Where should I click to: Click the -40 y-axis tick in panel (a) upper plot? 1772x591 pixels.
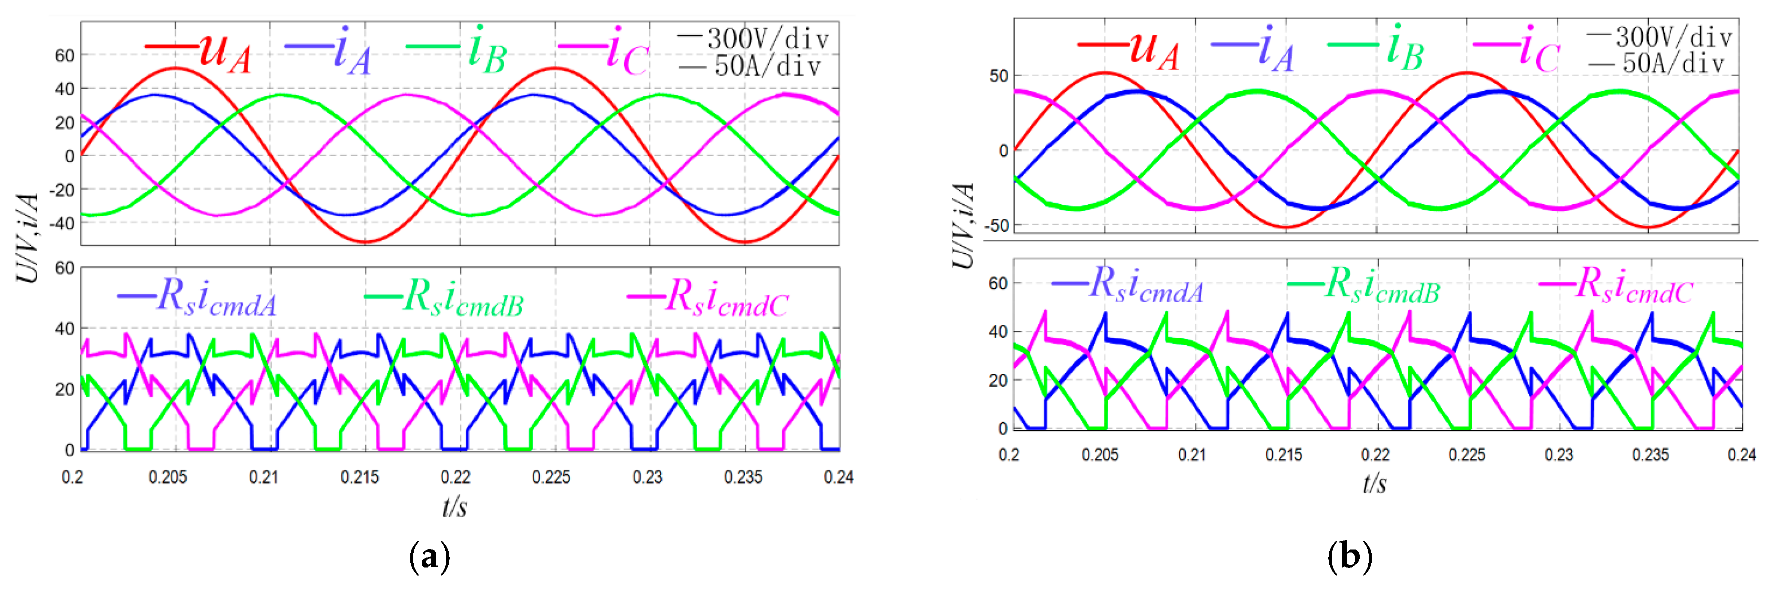[x=64, y=223]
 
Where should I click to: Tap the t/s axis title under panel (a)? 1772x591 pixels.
[x=455, y=507]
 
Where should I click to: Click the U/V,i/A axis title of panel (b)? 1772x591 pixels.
[x=964, y=225]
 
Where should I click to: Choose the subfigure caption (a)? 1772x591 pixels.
[x=429, y=556]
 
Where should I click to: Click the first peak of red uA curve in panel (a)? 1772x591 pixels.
[x=175, y=68]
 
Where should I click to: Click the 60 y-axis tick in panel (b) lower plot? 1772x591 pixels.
[x=997, y=283]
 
